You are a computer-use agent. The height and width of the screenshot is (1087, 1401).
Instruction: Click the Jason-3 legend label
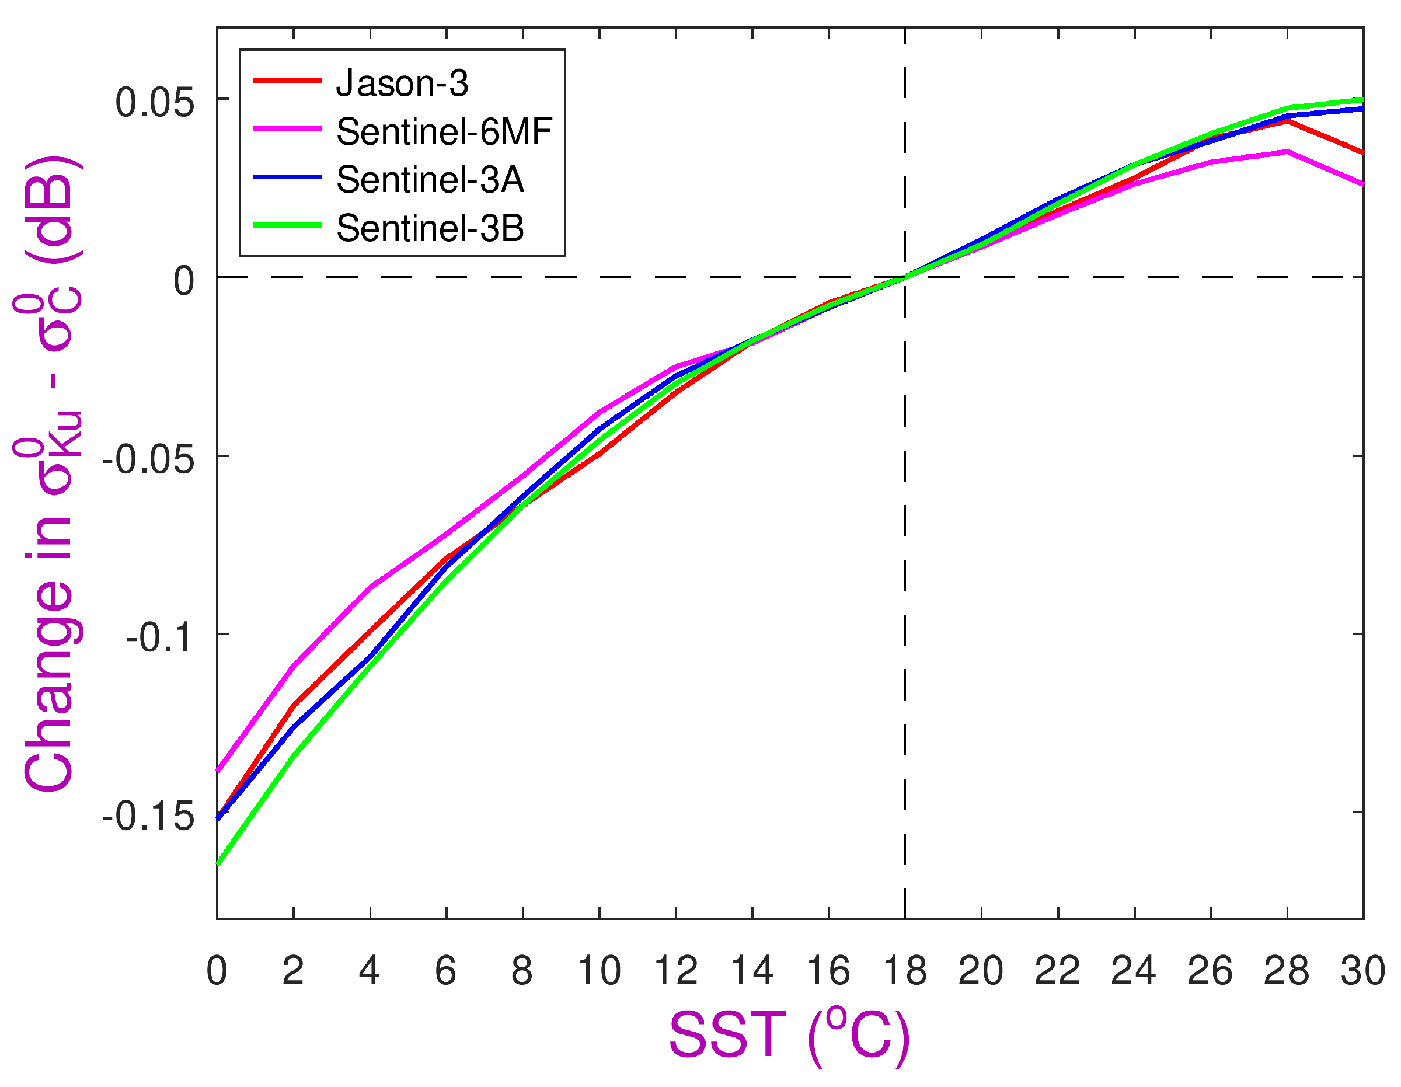(402, 83)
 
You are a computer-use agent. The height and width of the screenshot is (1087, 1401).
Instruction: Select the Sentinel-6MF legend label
(444, 131)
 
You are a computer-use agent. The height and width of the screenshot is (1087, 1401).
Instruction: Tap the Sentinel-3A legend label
(430, 180)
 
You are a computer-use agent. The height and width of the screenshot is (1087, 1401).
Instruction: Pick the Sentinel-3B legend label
(430, 228)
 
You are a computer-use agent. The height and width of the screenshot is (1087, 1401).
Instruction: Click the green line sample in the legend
(287, 225)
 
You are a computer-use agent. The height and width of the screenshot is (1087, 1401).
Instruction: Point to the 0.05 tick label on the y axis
(154, 102)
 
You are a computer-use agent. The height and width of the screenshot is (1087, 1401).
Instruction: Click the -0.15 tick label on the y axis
(148, 817)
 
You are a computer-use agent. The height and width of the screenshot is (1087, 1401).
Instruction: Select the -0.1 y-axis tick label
(159, 639)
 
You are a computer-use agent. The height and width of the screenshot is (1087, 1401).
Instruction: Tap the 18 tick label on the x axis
(904, 971)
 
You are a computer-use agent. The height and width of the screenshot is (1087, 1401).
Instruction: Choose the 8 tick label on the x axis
(522, 971)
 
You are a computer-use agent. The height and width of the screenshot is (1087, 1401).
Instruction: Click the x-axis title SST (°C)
(789, 1035)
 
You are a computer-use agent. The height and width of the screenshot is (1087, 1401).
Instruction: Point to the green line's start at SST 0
(218, 865)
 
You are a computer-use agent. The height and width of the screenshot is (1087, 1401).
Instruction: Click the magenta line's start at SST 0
(218, 771)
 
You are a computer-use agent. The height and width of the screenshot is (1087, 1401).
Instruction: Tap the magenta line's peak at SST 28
(1287, 151)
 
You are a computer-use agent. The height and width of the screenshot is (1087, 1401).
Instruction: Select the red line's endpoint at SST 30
(1362, 153)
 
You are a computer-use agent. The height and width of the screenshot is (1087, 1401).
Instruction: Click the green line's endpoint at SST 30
(1362, 100)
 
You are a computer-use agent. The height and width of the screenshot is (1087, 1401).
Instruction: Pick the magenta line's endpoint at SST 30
(1362, 185)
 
